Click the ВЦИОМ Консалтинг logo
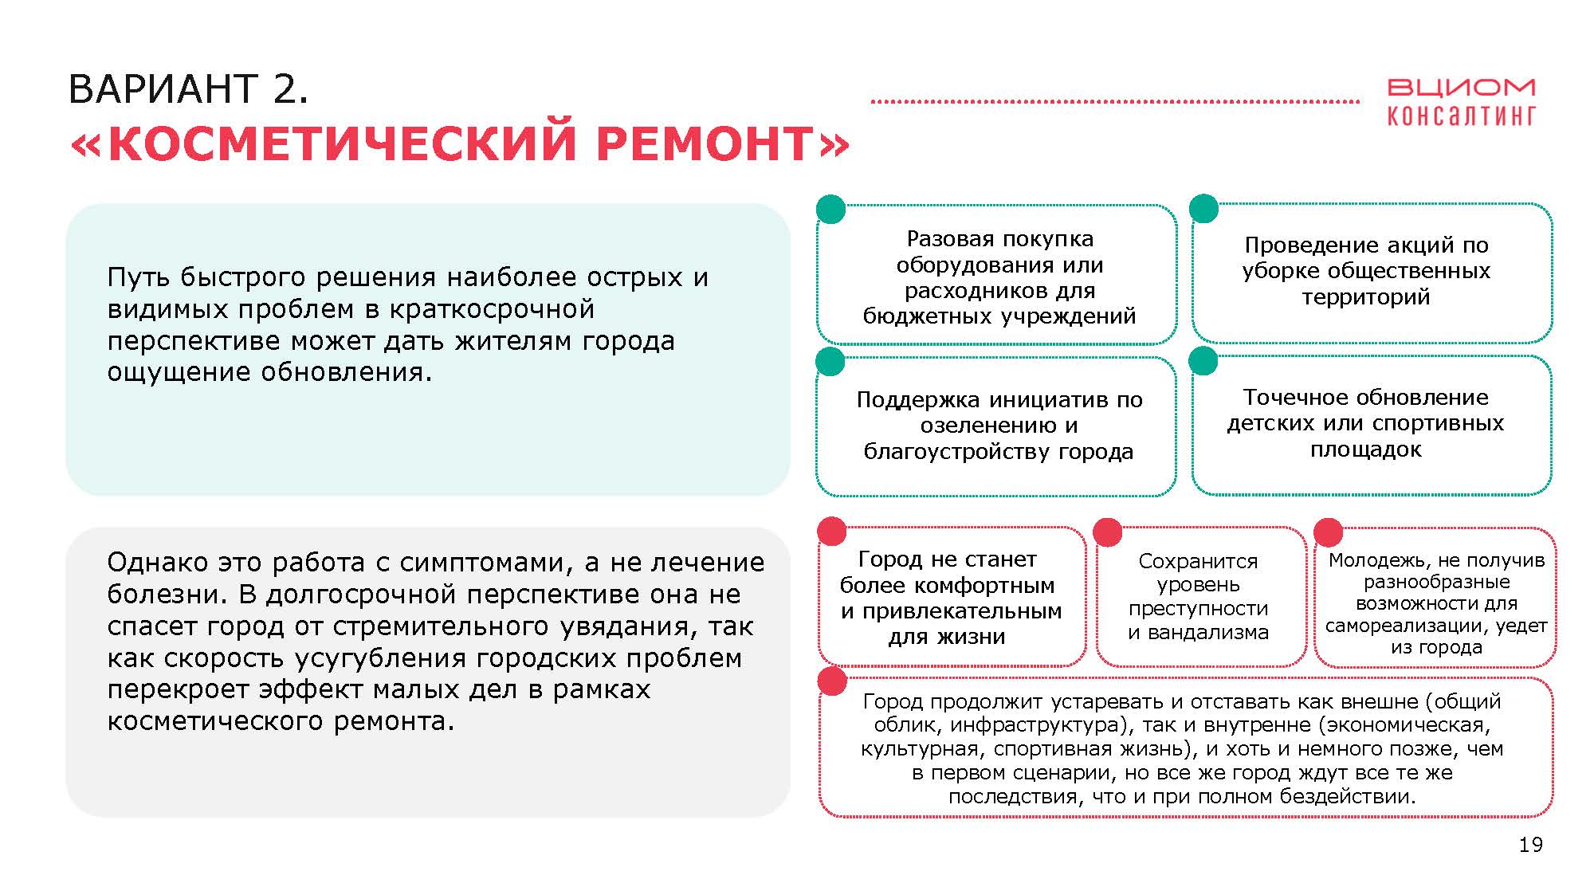click(1461, 102)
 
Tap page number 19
click(1530, 845)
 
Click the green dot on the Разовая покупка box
click(831, 210)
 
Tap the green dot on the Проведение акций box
click(1203, 209)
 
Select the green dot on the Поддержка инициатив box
click(830, 361)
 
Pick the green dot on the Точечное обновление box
click(1203, 360)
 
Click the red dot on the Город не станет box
click(832, 532)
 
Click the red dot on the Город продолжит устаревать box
click(832, 681)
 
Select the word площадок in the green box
click(1365, 450)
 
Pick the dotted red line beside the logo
click(1115, 102)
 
